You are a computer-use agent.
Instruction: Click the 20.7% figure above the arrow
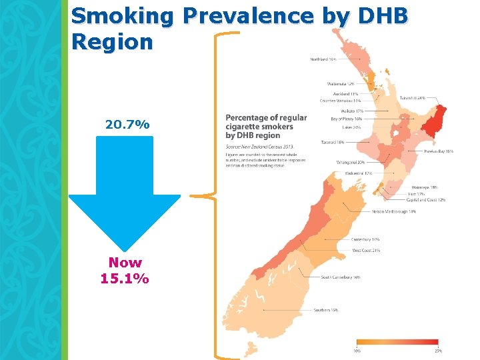127,125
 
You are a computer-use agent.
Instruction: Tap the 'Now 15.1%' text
125,271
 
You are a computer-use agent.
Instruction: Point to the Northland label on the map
323,59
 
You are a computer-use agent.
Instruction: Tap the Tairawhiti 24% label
413,97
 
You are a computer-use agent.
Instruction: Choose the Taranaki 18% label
331,142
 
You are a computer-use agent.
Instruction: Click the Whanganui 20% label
351,162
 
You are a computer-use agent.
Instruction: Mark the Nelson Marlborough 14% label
394,211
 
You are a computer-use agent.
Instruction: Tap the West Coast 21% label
366,251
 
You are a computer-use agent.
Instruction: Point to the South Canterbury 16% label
341,277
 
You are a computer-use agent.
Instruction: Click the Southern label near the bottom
326,310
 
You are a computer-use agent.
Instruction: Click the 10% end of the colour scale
357,351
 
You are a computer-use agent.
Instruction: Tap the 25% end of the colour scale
438,351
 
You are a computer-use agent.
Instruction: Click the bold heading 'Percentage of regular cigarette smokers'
266,122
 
